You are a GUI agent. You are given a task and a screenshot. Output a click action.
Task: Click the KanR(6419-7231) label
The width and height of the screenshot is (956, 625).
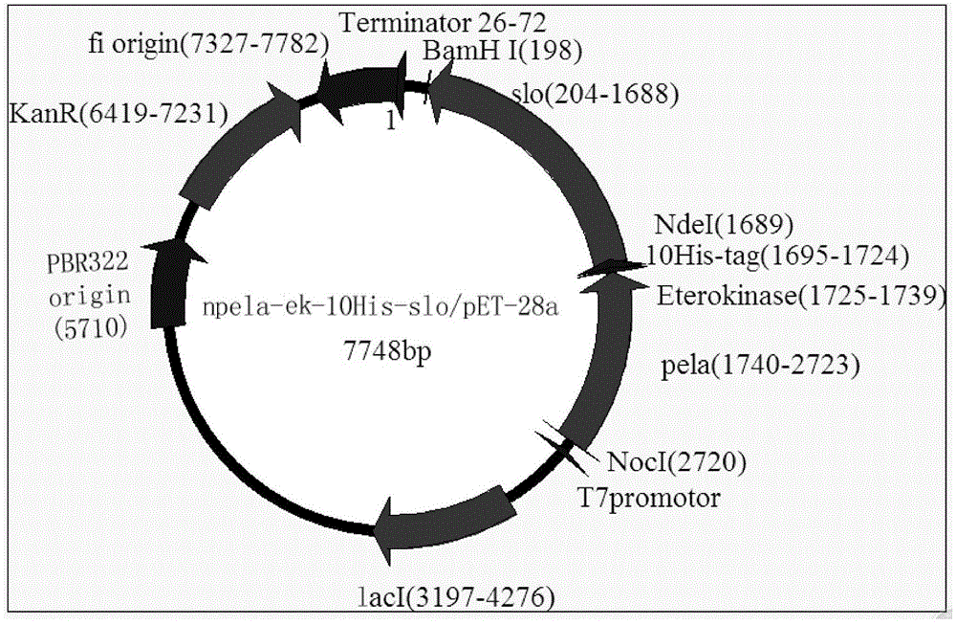click(118, 115)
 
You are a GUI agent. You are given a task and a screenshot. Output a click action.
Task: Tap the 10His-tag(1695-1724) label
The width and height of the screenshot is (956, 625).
click(764, 256)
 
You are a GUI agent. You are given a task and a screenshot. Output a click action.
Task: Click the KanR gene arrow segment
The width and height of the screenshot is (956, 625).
click(229, 144)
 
